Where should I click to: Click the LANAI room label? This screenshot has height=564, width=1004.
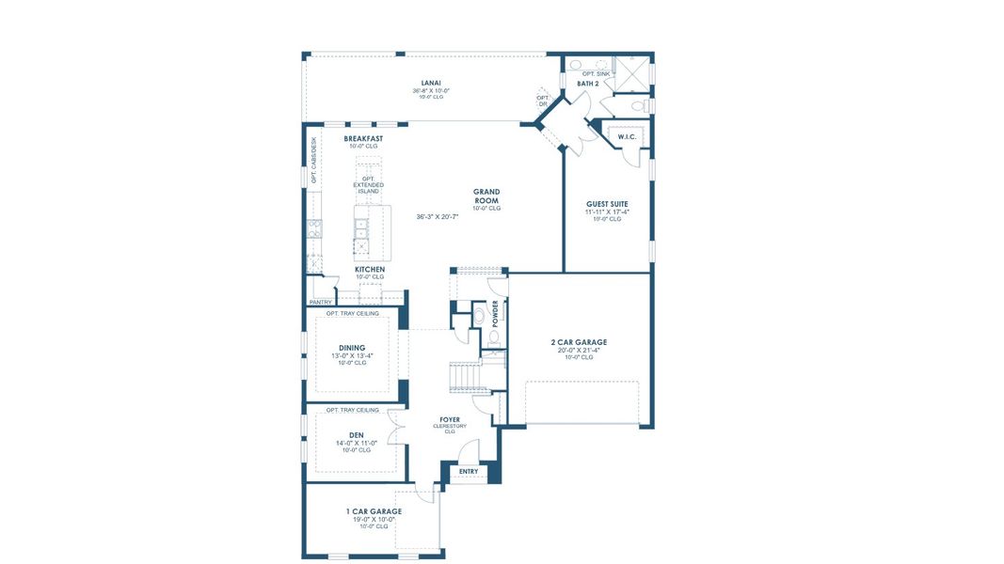pos(432,84)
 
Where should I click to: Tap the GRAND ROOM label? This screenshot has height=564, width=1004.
pos(486,196)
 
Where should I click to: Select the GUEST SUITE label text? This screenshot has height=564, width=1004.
pos(607,204)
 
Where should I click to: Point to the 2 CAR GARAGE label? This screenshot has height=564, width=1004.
pos(579,342)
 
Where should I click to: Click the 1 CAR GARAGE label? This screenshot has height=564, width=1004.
pos(374,511)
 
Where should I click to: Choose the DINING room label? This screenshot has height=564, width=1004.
pos(352,348)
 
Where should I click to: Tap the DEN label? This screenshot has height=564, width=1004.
pos(357,435)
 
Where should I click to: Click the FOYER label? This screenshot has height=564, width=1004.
pos(450,419)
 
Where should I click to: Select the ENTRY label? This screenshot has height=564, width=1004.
pos(468,472)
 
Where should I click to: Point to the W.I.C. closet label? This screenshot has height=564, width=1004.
pos(627,137)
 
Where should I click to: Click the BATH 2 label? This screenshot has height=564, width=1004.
pos(588,84)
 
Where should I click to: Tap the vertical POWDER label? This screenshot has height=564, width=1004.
pos(495,313)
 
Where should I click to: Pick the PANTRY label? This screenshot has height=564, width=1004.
pos(320,302)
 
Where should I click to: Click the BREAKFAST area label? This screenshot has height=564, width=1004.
pos(363,138)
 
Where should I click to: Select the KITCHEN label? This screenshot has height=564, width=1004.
pos(370,269)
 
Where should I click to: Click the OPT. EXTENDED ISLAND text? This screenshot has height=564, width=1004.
pos(369,185)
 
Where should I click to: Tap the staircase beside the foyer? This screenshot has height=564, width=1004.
pos(467,376)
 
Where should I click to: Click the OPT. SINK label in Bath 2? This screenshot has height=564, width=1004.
pos(596,72)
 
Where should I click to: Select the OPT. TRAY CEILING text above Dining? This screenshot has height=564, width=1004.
pos(352,313)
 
